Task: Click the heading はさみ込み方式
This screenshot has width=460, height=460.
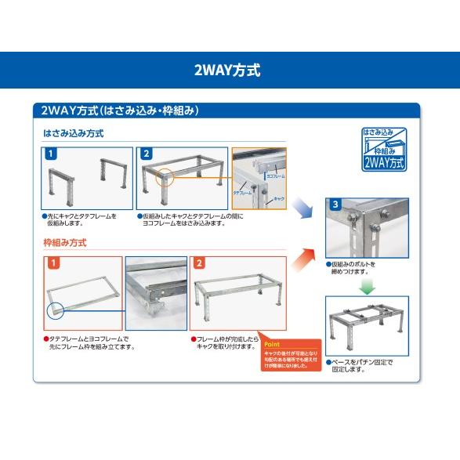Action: [74, 134]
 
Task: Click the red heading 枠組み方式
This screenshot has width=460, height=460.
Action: [65, 243]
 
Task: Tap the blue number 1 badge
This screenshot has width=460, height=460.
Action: [50, 154]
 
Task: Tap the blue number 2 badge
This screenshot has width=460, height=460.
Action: [146, 154]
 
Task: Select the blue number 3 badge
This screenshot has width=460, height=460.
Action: [335, 205]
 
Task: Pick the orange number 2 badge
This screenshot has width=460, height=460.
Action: [199, 263]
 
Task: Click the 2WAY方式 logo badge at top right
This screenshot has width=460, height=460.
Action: [384, 148]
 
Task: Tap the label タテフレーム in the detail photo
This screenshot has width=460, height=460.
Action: [242, 191]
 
